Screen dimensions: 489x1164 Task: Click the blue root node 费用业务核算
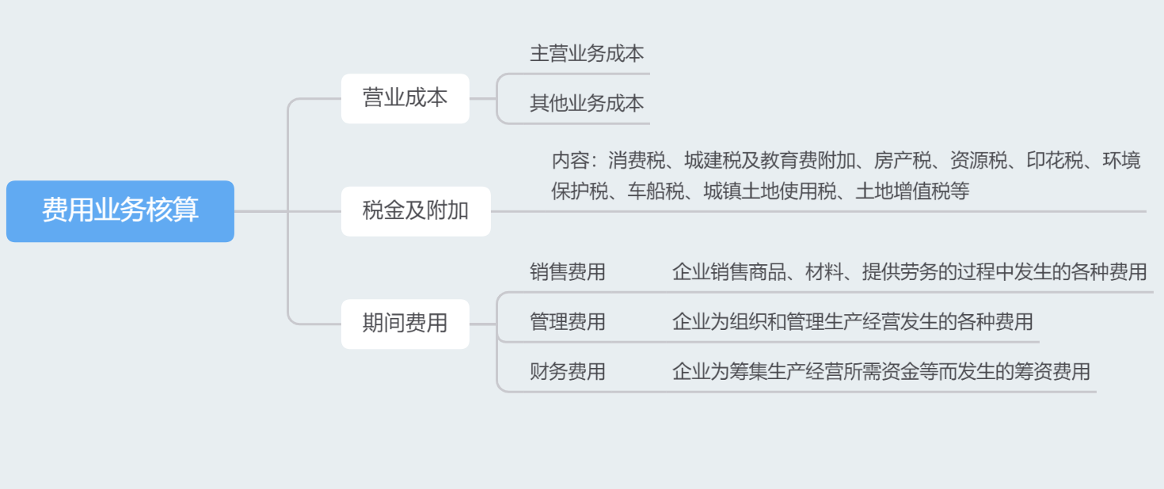tap(120, 211)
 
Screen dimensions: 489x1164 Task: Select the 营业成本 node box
tap(405, 98)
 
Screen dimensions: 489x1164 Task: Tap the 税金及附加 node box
tap(416, 211)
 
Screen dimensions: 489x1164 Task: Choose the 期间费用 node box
tap(405, 324)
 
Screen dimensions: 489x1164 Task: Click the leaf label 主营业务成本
tap(587, 54)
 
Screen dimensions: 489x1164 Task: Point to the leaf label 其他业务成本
tap(587, 104)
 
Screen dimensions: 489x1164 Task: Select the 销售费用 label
tap(568, 272)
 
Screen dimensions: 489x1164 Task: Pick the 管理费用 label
tap(568, 322)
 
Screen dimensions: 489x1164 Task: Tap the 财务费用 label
tap(568, 372)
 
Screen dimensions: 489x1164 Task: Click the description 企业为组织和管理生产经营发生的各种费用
tap(852, 322)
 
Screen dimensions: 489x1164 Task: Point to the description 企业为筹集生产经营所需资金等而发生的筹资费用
tap(881, 372)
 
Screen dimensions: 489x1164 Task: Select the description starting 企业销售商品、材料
tap(909, 272)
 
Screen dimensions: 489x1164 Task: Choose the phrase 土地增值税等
tap(912, 191)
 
